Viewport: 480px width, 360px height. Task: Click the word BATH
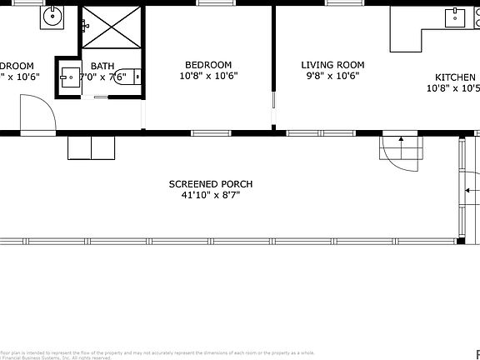point(102,66)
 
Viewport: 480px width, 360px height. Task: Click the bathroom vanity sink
point(68,77)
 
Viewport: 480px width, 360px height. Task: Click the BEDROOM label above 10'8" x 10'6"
point(208,65)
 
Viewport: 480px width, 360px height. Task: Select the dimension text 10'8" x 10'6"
point(208,76)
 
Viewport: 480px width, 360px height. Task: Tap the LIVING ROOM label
point(332,65)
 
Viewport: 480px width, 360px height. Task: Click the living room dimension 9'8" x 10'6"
point(332,76)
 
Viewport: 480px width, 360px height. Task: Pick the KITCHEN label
point(455,75)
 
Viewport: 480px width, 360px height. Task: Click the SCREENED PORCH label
point(211,184)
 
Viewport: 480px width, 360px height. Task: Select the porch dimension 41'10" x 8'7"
point(211,196)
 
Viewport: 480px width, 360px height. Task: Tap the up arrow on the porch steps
point(401,140)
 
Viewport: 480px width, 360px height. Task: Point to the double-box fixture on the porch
point(92,147)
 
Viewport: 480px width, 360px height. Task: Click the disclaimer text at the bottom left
point(125,354)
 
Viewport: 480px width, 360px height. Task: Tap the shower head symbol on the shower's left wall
point(85,26)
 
